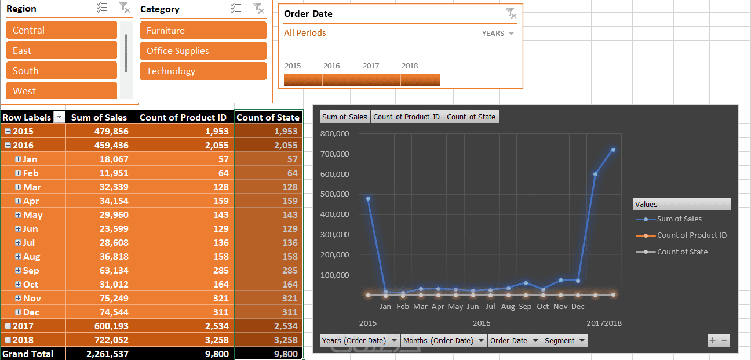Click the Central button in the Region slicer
[61, 30]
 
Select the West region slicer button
[61, 90]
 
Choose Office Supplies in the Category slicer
[203, 50]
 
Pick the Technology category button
[203, 71]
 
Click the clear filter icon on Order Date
[511, 13]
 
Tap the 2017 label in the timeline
[371, 66]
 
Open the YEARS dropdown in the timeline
[498, 34]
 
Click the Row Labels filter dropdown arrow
[59, 117]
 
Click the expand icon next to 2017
[8, 326]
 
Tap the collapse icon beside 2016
[8, 146]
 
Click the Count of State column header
[268, 117]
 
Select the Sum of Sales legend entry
[679, 219]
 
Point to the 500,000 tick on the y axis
[334, 194]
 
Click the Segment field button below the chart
[565, 341]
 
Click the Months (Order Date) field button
[443, 341]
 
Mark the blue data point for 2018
[613, 150]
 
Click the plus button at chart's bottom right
[713, 341]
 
